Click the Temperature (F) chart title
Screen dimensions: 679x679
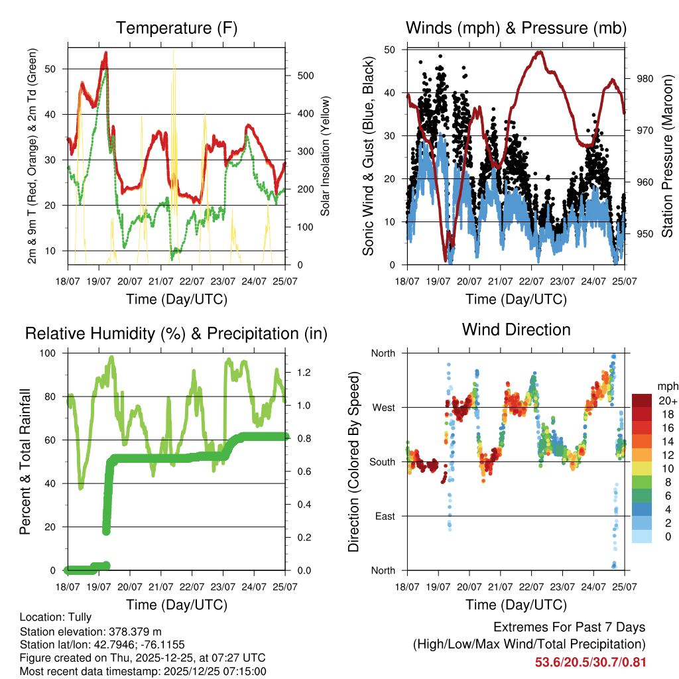(176, 28)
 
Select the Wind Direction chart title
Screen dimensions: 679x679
(516, 330)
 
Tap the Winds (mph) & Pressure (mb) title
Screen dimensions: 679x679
(516, 28)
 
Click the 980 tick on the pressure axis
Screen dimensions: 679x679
(645, 79)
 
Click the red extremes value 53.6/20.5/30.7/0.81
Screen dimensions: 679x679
(590, 662)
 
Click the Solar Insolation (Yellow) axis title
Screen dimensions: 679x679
(325, 156)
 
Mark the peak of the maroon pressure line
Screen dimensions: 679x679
(539, 52)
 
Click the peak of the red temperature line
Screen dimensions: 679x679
(105, 52)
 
